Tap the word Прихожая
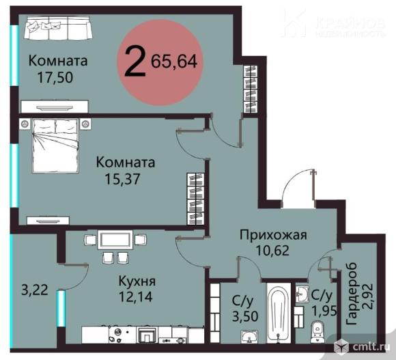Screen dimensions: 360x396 point(272,235)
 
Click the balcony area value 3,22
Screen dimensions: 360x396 point(34,290)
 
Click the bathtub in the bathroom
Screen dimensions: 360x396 point(277,315)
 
